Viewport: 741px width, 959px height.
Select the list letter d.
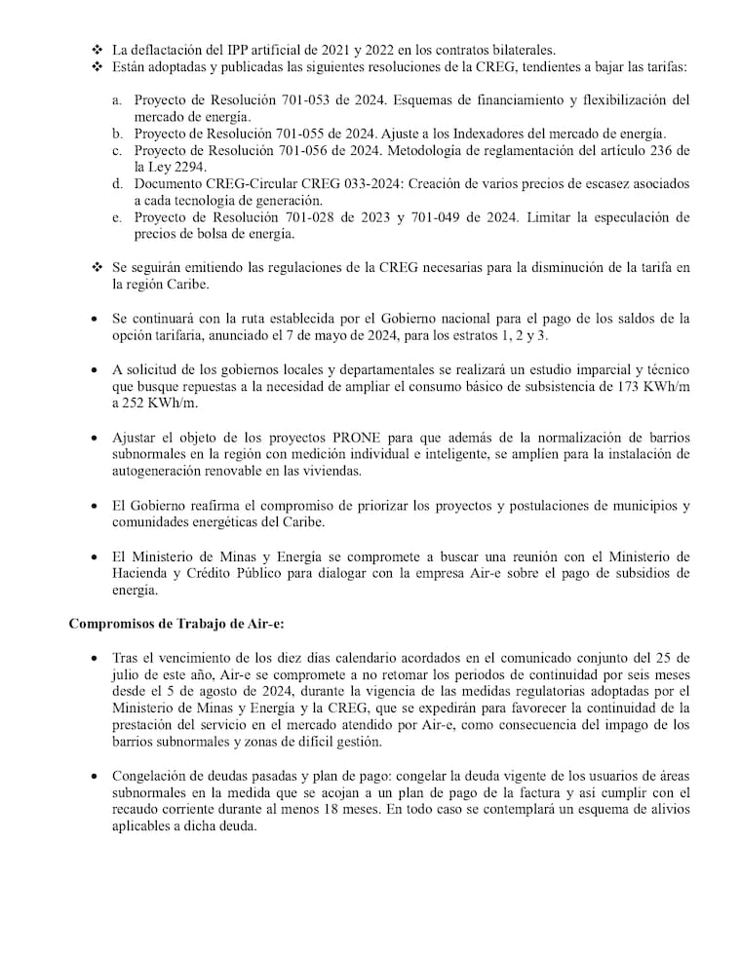(x=116, y=183)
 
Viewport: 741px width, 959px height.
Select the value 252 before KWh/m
(x=128, y=402)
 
